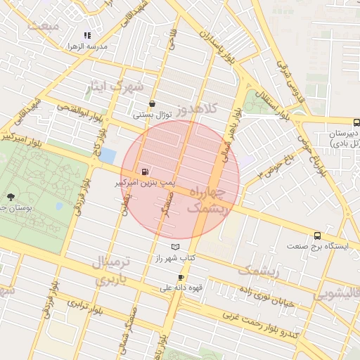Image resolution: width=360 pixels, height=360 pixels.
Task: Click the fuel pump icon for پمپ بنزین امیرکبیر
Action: (x=146, y=171)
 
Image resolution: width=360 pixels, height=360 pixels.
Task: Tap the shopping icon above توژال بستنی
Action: (x=153, y=103)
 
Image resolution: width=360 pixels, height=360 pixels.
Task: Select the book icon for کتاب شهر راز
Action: (x=175, y=247)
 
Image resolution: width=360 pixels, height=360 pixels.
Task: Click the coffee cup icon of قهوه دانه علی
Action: (x=181, y=277)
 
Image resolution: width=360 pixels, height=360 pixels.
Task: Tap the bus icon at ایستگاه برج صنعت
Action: (x=318, y=236)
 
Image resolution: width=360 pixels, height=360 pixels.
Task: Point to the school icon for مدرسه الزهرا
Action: (x=87, y=35)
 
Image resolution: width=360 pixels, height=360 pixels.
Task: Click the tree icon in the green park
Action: (x=11, y=197)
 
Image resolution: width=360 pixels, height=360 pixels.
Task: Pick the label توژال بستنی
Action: (x=153, y=114)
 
